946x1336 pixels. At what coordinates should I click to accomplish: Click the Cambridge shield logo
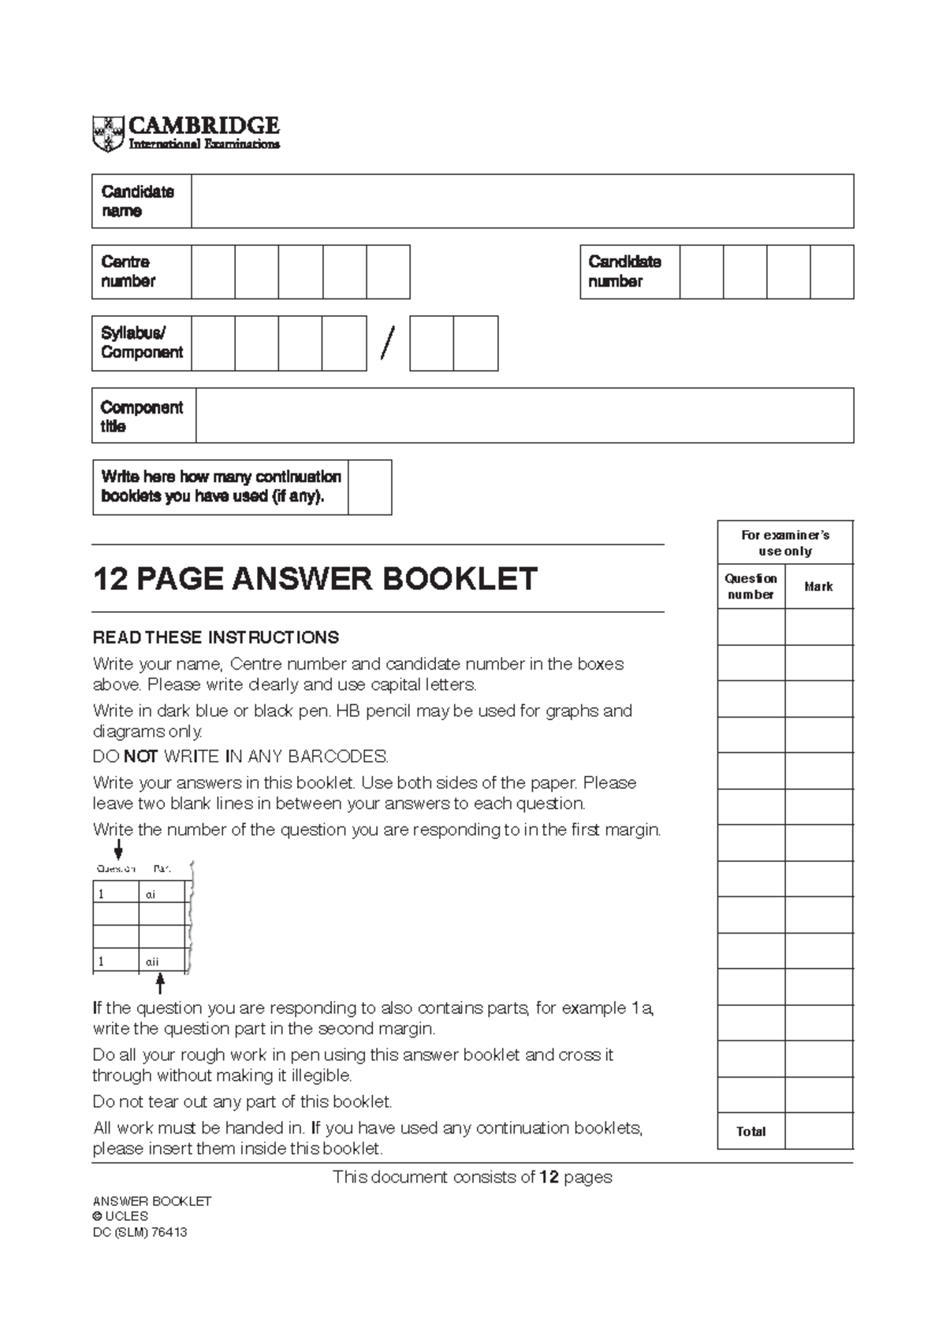(x=109, y=133)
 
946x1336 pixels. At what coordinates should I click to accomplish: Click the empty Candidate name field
(x=522, y=202)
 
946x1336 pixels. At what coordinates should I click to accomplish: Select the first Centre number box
(x=213, y=272)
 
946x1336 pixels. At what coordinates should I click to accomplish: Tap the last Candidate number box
(x=832, y=272)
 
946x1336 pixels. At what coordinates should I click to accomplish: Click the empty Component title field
(x=524, y=415)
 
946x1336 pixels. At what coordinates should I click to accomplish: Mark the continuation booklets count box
(x=370, y=488)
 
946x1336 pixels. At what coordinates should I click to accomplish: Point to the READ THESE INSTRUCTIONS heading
(x=216, y=636)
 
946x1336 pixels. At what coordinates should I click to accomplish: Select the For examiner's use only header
(x=785, y=543)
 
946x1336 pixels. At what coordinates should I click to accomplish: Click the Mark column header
(x=818, y=587)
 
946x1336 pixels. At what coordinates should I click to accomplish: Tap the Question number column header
(x=750, y=587)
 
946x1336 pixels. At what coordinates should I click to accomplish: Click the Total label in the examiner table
(x=750, y=1131)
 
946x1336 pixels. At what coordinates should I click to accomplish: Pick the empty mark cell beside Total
(x=818, y=1131)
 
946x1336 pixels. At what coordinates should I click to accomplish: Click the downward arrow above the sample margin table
(x=119, y=849)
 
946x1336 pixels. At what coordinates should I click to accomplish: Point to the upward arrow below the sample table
(x=160, y=983)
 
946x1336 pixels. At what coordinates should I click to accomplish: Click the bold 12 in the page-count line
(x=549, y=1178)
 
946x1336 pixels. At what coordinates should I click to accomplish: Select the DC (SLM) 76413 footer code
(x=140, y=1233)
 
